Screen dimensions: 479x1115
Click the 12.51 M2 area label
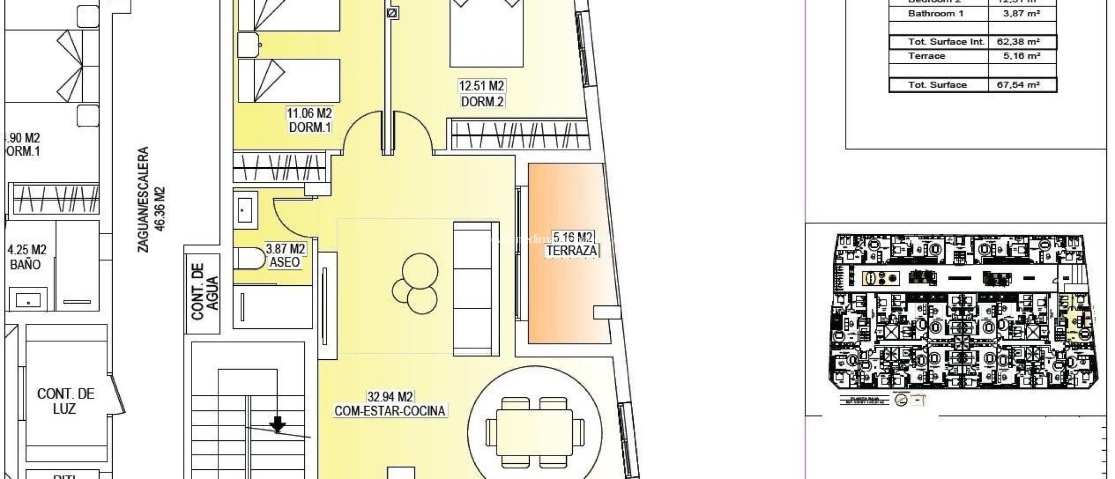[482, 86]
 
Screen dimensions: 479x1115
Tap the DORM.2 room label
[482, 101]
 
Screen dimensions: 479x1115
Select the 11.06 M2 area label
[309, 113]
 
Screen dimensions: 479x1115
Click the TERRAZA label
[572, 251]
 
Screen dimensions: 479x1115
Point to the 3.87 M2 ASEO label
[285, 255]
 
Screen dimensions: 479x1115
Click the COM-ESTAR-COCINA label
[390, 411]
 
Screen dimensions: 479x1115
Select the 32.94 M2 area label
[390, 396]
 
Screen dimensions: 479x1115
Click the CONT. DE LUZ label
[66, 401]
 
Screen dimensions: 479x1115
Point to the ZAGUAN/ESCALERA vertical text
[143, 199]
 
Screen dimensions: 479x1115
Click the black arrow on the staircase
[278, 423]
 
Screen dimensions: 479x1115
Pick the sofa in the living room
[476, 286]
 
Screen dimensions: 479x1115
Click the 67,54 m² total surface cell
[1018, 85]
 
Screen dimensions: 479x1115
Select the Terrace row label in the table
[927, 56]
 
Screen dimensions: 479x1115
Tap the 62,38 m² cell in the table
[1018, 42]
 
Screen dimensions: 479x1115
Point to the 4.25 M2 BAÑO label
[26, 257]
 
